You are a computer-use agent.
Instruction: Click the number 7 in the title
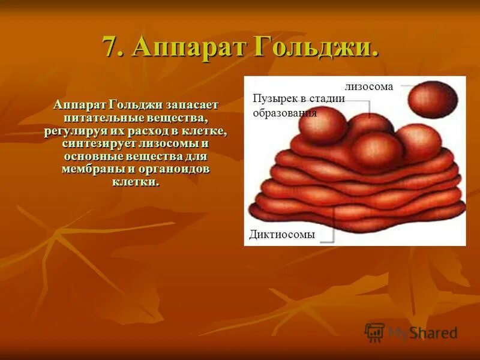[110, 47]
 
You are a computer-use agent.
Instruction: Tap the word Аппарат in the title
[190, 47]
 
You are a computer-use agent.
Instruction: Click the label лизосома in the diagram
[368, 86]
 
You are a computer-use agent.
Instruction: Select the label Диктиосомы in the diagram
[281, 235]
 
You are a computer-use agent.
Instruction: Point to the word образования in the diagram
[284, 112]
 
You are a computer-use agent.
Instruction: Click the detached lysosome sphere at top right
[433, 100]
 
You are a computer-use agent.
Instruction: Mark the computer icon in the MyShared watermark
[375, 332]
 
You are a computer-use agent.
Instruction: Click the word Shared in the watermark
[436, 332]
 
